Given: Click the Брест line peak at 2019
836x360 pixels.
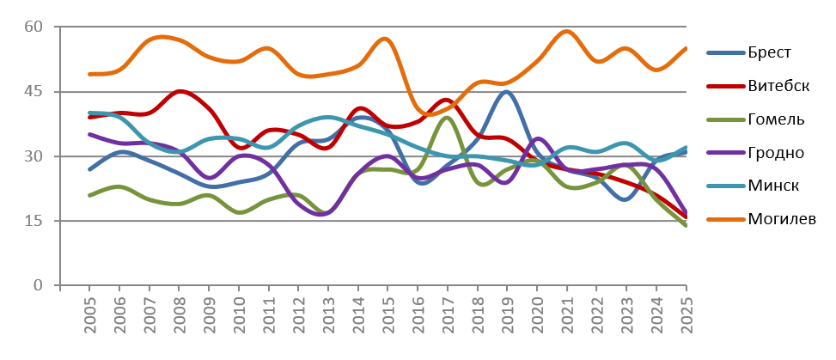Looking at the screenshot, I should click(507, 92).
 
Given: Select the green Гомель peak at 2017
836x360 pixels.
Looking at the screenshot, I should click(448, 118).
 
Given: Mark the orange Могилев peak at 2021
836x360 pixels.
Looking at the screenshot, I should click(567, 32).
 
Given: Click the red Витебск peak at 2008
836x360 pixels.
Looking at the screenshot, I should click(180, 91).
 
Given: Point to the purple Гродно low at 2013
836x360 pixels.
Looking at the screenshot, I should click(327, 212).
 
